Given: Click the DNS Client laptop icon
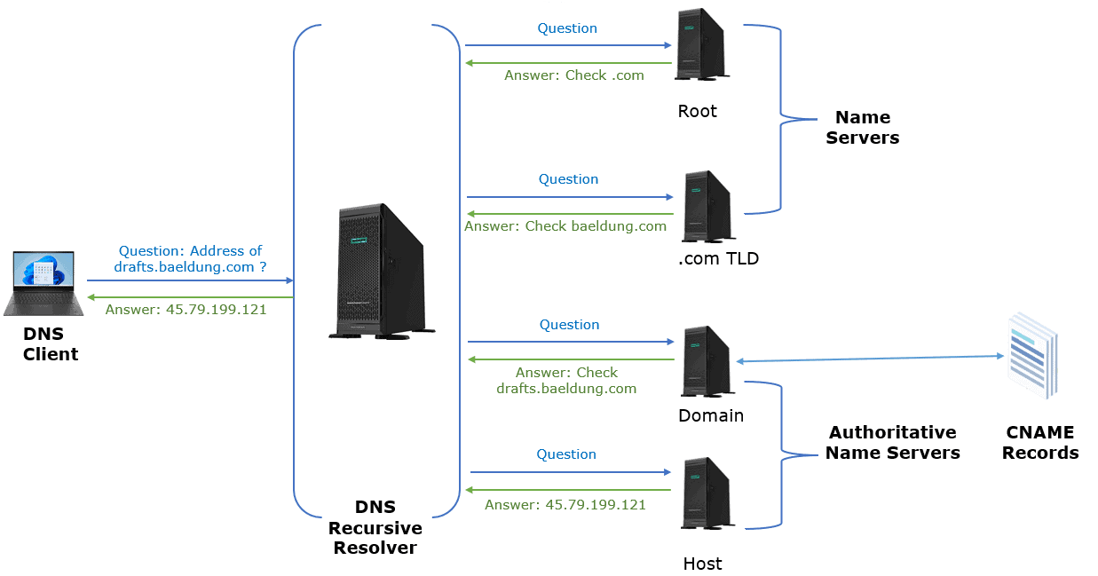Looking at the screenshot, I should (x=43, y=283).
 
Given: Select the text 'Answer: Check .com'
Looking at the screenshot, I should (x=573, y=75).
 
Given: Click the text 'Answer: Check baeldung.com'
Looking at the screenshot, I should (x=565, y=226).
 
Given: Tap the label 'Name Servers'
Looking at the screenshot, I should (x=862, y=128).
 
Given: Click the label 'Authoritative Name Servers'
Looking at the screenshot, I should (x=892, y=443).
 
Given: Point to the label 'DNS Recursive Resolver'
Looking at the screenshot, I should (x=375, y=527).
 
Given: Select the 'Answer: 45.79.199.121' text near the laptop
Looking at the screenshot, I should (x=186, y=310).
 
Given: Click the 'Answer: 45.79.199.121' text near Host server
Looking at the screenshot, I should (x=565, y=504).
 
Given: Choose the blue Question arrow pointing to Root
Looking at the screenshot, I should (x=568, y=44).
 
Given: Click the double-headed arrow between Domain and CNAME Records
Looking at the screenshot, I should (x=870, y=359).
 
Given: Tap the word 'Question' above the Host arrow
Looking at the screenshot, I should (x=565, y=454).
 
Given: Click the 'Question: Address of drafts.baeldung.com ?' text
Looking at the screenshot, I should (x=191, y=258).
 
